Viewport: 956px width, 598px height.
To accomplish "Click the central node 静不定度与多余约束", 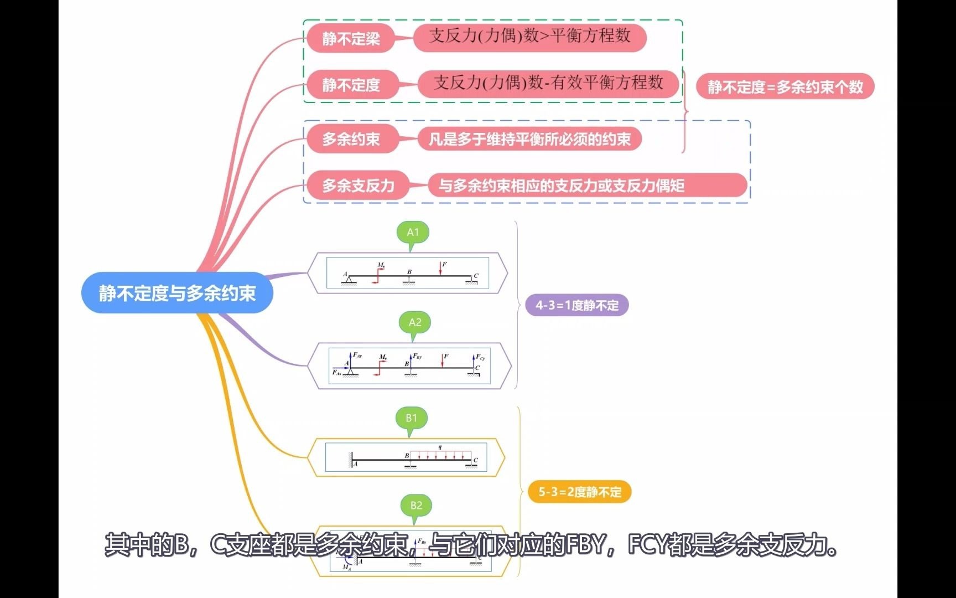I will coord(177,293).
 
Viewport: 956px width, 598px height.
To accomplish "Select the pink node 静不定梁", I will coord(351,38).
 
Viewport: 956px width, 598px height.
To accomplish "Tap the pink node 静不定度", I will coord(351,85).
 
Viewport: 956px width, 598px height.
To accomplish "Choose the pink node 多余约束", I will coord(351,139).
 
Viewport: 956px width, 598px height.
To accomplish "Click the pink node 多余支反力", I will coord(358,185).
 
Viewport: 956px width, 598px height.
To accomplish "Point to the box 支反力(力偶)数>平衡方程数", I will coord(529,37).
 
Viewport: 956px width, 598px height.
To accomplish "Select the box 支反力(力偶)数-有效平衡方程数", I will coord(548,84).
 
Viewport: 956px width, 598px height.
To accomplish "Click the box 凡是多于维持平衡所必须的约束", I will coord(529,139).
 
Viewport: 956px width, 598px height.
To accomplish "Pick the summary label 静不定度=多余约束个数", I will coord(784,87).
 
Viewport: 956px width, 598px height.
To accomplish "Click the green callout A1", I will coord(413,233).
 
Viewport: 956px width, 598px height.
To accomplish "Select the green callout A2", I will coord(414,323).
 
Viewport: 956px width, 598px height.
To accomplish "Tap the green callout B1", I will coord(412,419).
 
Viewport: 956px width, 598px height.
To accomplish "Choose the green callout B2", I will coord(416,506).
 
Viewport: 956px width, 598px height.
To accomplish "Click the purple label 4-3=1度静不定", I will coord(576,305).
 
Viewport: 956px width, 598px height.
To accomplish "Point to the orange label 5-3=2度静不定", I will coord(580,492).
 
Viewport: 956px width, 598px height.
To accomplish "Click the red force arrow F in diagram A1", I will coord(440,269).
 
